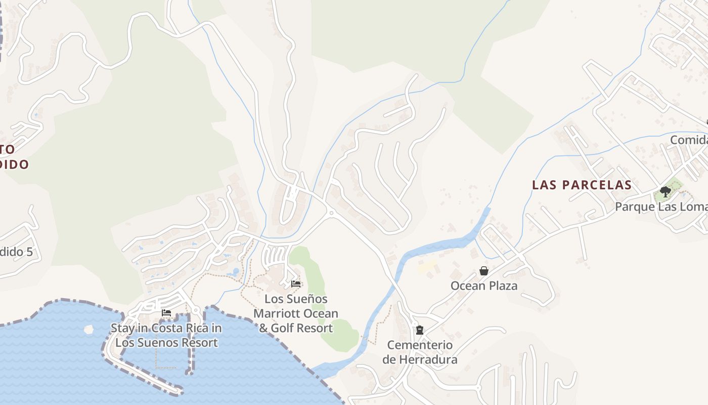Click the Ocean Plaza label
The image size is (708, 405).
[484, 286]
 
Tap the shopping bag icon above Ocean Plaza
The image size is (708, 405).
[484, 271]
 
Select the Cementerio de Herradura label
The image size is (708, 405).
[420, 352]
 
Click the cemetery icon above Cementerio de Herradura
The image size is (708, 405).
[419, 330]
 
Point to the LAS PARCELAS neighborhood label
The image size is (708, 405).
[582, 185]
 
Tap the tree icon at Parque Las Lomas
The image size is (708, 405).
[666, 192]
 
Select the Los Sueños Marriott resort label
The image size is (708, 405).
[296, 313]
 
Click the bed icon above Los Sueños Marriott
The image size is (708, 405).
[296, 284]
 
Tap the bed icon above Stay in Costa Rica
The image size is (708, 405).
[166, 313]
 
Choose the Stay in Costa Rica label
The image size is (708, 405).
[166, 335]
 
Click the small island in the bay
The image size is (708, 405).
[89, 329]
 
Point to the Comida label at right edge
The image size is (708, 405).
[689, 140]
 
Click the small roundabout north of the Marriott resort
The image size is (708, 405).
[331, 213]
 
